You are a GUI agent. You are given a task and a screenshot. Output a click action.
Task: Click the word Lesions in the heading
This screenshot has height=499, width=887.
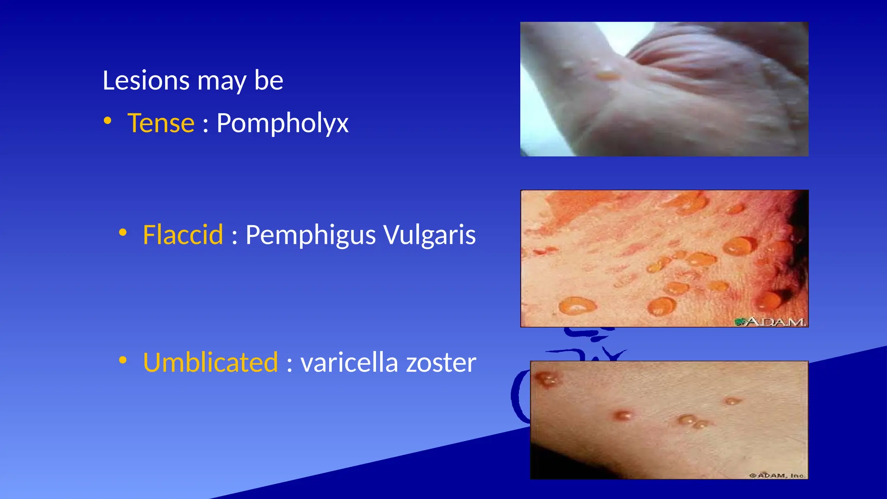click(x=146, y=81)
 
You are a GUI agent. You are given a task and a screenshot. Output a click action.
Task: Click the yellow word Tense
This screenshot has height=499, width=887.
click(x=161, y=123)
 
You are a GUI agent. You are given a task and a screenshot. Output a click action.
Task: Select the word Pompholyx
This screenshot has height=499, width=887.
click(x=282, y=123)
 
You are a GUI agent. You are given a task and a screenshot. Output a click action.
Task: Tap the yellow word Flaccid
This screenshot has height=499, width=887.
click(x=183, y=235)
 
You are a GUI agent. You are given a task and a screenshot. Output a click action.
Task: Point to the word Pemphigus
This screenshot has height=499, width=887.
click(x=310, y=235)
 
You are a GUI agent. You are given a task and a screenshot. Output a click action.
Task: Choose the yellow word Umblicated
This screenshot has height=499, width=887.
click(x=210, y=363)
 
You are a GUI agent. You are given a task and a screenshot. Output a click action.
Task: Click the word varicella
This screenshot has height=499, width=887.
click(x=349, y=363)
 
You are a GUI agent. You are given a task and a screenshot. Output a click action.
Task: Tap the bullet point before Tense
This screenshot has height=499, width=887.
click(x=108, y=121)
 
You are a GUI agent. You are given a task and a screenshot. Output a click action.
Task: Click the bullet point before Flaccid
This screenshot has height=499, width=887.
click(x=123, y=233)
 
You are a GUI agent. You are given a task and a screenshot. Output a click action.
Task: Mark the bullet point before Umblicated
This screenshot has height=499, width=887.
click(x=123, y=360)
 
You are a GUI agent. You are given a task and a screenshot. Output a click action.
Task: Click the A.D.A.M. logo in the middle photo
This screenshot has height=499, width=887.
click(x=770, y=321)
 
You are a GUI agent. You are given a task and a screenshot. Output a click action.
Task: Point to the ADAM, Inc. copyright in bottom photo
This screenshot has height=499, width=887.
click(x=777, y=475)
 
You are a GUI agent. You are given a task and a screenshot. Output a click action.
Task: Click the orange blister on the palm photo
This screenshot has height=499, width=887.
click(x=607, y=77)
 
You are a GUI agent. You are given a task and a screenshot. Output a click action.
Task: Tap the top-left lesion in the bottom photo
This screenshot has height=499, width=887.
click(x=547, y=380)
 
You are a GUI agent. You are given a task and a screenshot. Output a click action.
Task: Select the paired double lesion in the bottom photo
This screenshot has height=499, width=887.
click(x=692, y=421)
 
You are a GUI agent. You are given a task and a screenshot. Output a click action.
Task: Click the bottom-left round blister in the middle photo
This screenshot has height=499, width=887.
click(x=576, y=305)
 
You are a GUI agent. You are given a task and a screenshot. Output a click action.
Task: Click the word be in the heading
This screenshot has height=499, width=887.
click(x=269, y=81)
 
